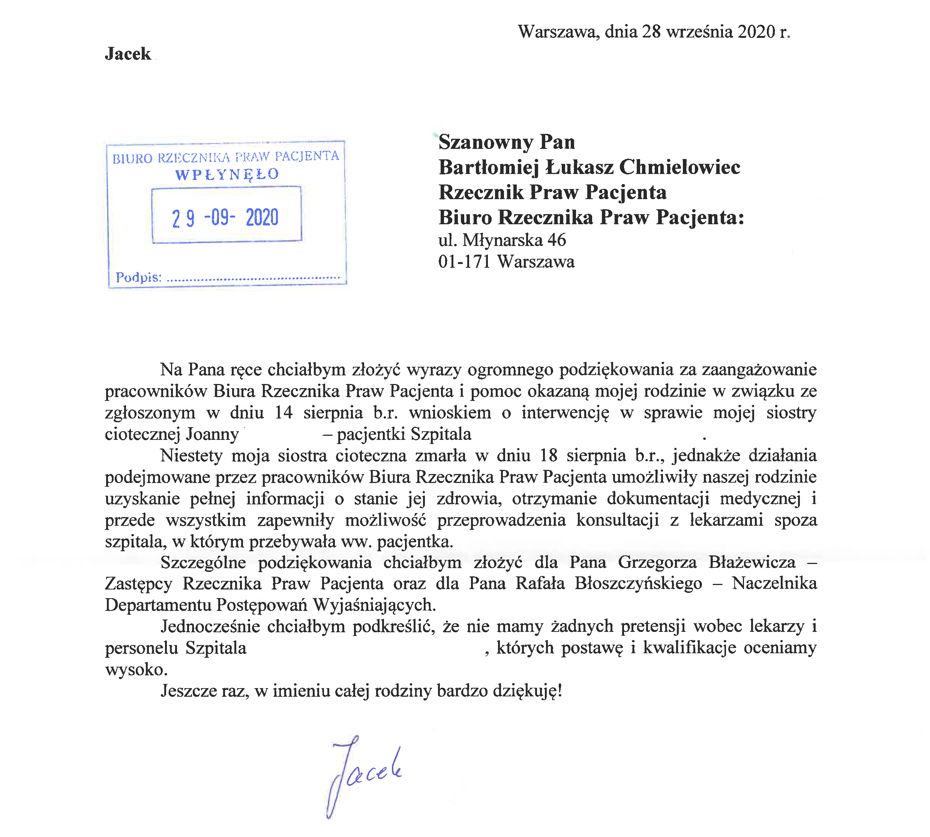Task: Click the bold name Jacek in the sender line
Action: [x=128, y=54]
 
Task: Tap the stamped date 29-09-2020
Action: [x=225, y=217]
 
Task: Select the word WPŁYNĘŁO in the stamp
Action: [x=227, y=174]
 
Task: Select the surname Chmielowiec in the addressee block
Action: [x=680, y=167]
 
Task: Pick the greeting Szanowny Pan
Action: [x=506, y=142]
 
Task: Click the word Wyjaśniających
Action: [x=374, y=605]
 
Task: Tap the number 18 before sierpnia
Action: [x=548, y=455]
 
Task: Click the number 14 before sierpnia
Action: [x=283, y=412]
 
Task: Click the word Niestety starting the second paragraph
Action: [x=192, y=455]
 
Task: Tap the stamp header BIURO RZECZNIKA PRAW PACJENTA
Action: [x=225, y=157]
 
